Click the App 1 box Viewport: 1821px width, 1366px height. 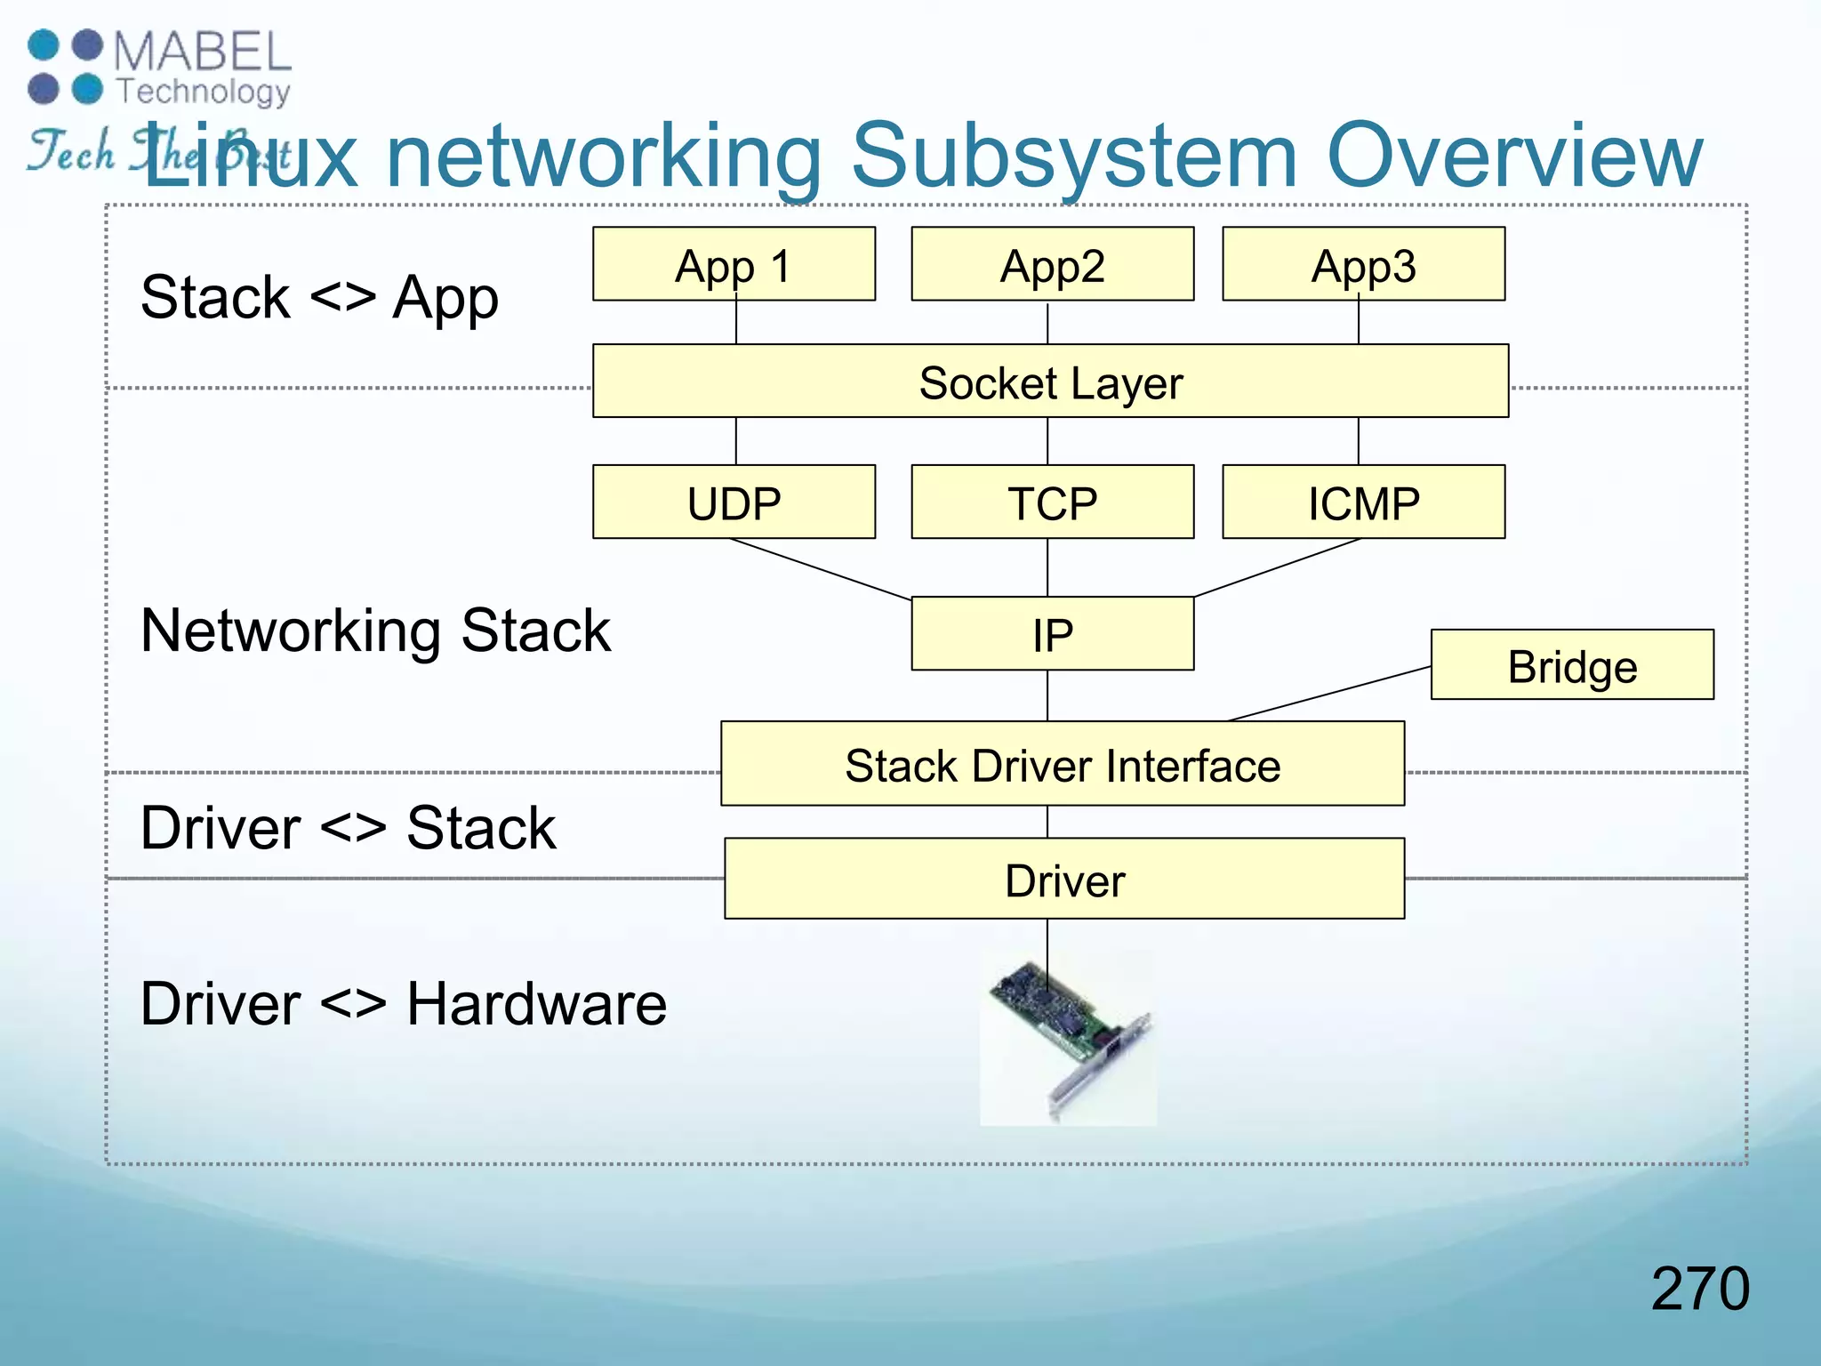[734, 264]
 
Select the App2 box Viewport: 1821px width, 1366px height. [1052, 264]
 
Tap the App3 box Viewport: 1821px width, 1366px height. [1363, 264]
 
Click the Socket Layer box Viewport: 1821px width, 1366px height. [1050, 382]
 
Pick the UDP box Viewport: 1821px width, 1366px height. [734, 502]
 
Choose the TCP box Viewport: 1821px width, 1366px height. [1052, 502]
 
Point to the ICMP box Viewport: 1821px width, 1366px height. [1363, 502]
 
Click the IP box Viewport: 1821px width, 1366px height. [1052, 633]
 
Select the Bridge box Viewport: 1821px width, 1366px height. [1571, 665]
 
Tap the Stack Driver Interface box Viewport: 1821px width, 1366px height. [1062, 764]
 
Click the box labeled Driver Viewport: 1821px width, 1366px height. [1063, 879]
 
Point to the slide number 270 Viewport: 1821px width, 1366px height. [1699, 1288]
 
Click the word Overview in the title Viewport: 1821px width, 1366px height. [1513, 157]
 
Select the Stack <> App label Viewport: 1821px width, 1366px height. [319, 297]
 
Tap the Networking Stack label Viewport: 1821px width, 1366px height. [375, 631]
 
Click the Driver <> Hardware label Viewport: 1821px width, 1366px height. [403, 1003]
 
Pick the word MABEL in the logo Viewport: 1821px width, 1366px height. [203, 52]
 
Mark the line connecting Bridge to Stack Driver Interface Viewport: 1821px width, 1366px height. [1329, 694]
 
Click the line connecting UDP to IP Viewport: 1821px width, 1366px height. [820, 569]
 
